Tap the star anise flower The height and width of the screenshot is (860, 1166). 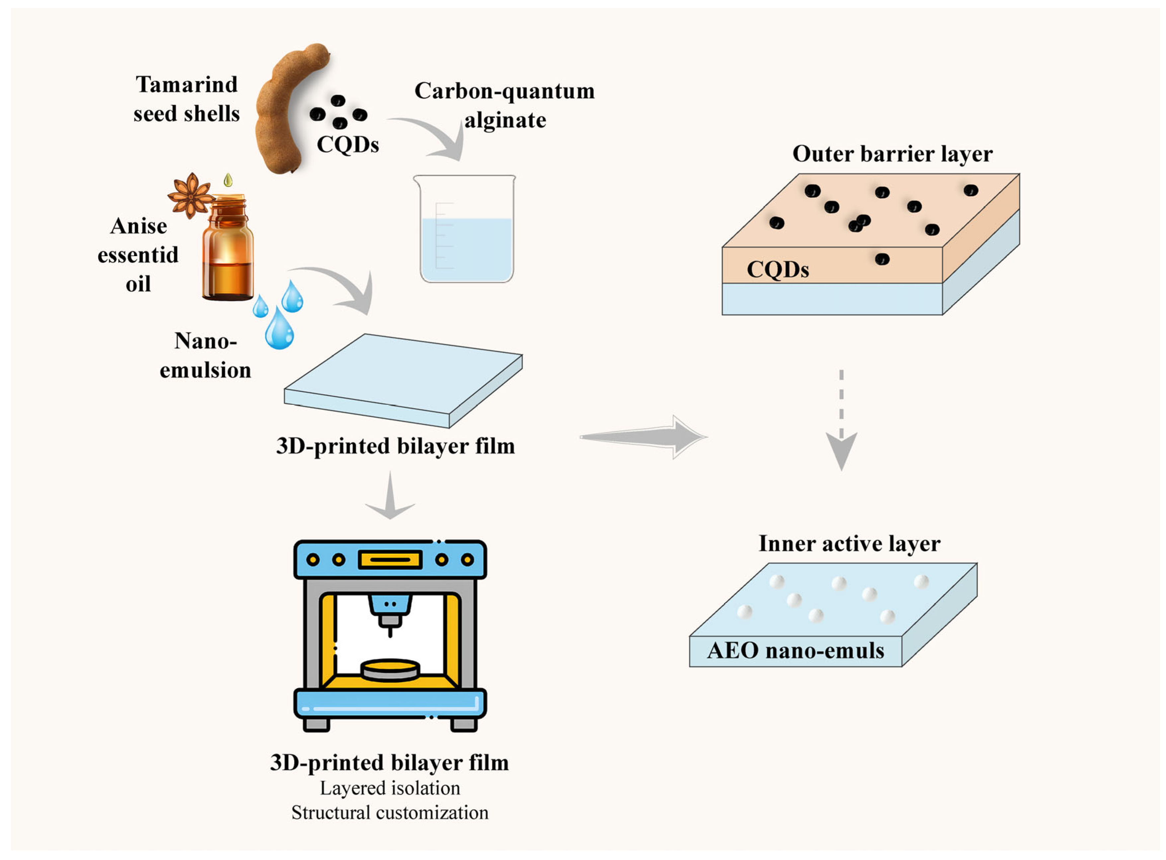pos(191,195)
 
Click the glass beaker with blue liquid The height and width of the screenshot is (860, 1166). pos(465,229)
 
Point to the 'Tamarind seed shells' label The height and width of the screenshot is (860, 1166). pos(187,99)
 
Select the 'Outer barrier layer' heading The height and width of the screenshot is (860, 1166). pos(893,154)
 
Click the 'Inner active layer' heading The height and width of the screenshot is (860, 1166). pos(849,543)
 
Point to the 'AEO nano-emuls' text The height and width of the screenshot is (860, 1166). pos(795,651)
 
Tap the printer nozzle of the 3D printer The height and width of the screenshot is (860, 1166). pos(390,616)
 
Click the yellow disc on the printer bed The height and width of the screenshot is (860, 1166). pos(390,670)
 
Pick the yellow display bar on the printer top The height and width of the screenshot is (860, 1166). pos(390,560)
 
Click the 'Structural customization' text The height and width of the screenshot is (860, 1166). pos(390,813)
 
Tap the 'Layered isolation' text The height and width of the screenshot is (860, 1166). pos(390,788)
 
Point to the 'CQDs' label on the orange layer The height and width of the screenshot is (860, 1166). pos(778,270)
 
